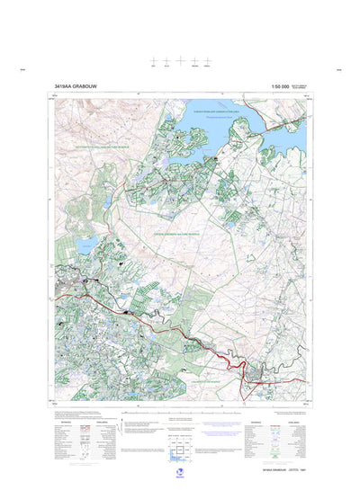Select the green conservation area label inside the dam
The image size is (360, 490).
click(217, 108)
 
